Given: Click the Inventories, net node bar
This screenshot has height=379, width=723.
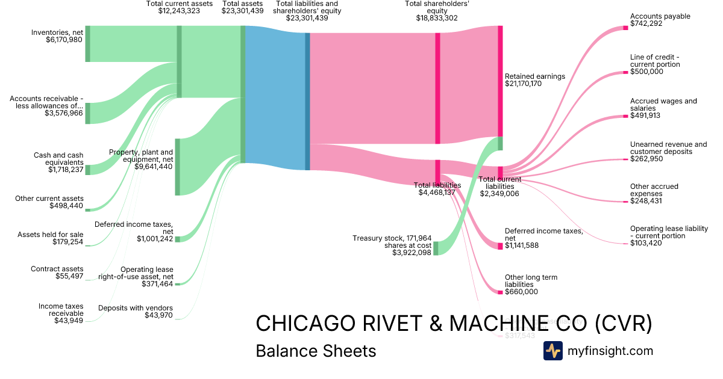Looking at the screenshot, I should point(87,44).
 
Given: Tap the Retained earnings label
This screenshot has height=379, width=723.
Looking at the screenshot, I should point(534,76).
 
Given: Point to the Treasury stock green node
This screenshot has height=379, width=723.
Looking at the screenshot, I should point(436,248).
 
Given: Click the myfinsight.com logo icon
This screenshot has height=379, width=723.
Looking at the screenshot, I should point(552,351).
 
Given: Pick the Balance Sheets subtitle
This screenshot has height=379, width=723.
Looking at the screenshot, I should point(316,351).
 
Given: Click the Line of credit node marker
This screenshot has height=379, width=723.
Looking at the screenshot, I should point(625,72).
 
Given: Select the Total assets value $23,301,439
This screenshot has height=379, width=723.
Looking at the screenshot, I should point(242,11).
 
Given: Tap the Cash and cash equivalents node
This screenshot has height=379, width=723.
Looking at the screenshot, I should point(87,170).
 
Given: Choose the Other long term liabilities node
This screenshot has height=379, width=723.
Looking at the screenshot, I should point(500,292).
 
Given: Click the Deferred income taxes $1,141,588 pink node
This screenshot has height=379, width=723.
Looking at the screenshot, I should point(500,245).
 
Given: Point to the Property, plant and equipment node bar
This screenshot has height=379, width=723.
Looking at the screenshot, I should point(177,167).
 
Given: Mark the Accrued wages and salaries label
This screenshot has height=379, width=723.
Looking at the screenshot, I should point(663,105).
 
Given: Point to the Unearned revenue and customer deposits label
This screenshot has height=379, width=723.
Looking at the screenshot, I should point(668,148).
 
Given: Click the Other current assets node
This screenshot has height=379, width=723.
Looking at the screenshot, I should point(87,210).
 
